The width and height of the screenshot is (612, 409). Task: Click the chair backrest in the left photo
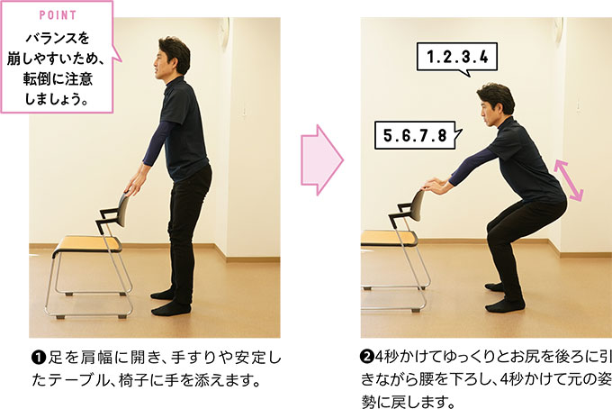(121, 210)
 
